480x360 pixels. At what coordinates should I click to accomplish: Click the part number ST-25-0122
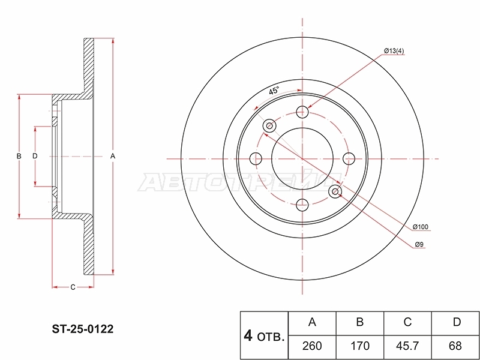(x=82, y=329)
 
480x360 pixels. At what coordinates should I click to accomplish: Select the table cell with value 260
(x=312, y=346)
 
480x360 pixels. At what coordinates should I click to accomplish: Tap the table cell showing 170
(x=359, y=346)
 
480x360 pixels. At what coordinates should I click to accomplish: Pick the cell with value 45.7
(x=407, y=346)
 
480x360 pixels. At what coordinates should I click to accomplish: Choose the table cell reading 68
(x=455, y=346)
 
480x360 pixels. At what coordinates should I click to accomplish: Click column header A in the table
(x=312, y=322)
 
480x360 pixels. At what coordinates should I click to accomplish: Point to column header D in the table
(x=455, y=322)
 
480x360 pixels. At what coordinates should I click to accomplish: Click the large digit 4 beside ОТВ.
(x=248, y=336)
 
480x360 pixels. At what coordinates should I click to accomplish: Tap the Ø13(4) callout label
(x=394, y=51)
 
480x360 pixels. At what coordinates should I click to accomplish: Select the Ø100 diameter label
(x=421, y=227)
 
